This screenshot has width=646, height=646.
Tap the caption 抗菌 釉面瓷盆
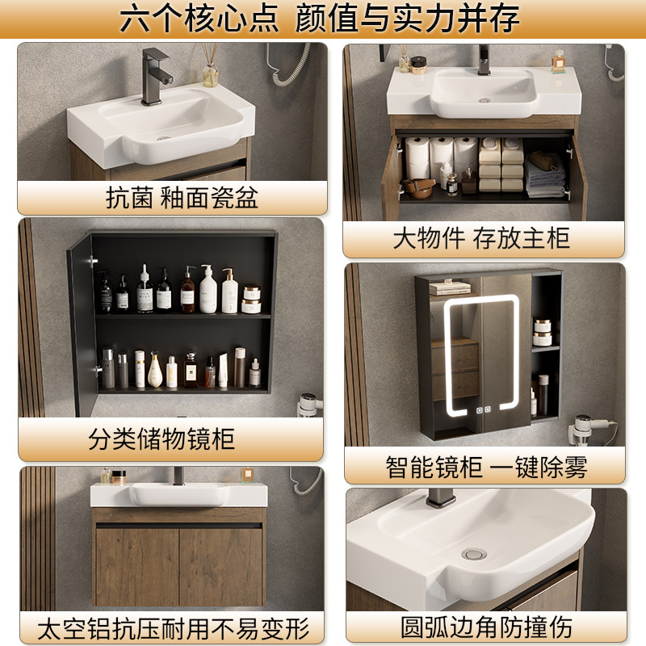(x=172, y=198)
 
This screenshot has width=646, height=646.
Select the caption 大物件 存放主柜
(x=482, y=239)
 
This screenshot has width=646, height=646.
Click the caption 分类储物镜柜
(x=161, y=439)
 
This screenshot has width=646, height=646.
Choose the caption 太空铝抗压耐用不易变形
(x=173, y=627)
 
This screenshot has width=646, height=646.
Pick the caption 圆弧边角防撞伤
(x=484, y=627)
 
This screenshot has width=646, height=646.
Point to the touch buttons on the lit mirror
(x=484, y=410)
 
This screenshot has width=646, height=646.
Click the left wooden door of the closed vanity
(x=136, y=565)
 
